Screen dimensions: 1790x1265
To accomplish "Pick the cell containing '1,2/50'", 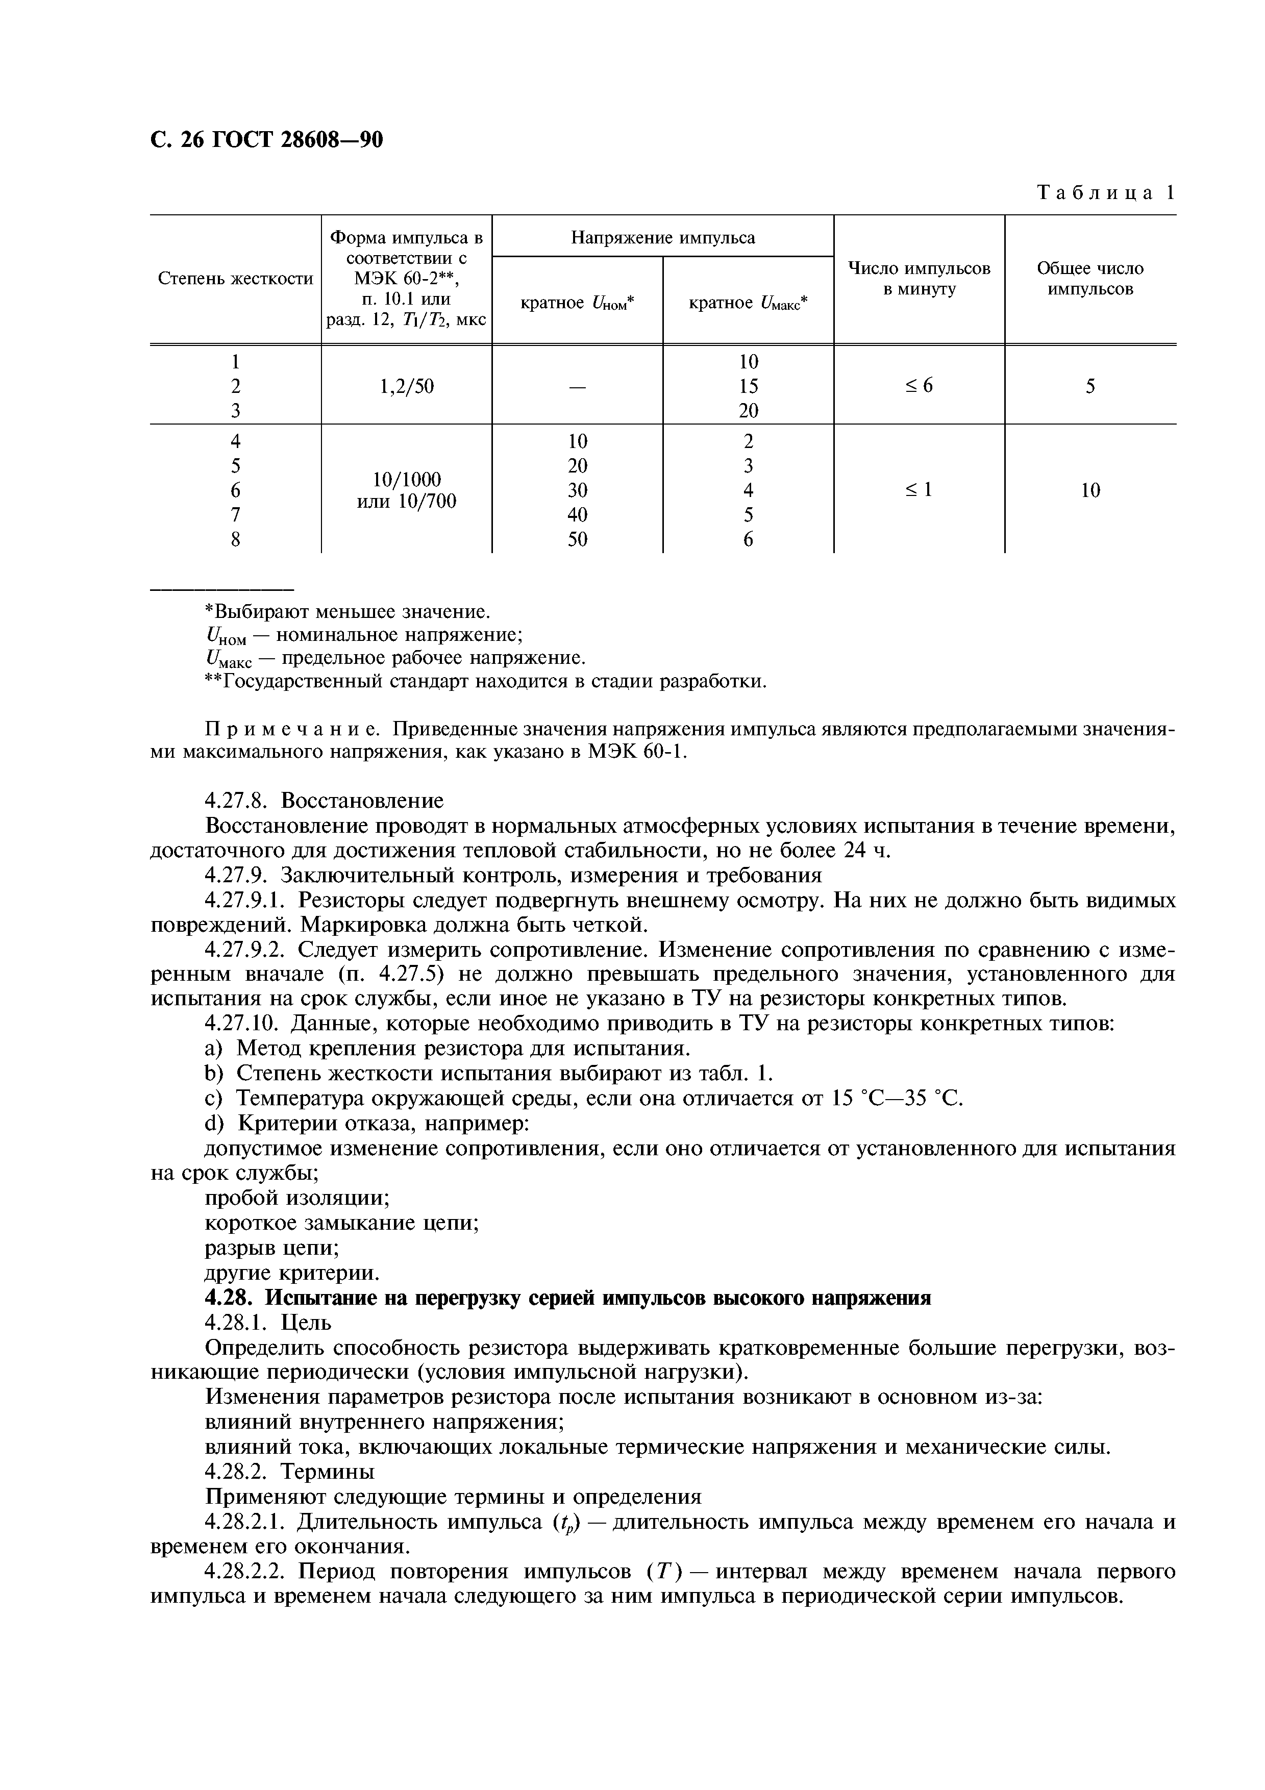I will coord(406,386).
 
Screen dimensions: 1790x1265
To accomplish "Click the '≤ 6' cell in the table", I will coord(919,386).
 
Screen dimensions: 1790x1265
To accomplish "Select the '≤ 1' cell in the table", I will coord(919,490).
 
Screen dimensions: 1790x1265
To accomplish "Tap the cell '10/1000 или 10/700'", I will coord(406,490).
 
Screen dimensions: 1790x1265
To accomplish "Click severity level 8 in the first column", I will coord(235,539).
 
